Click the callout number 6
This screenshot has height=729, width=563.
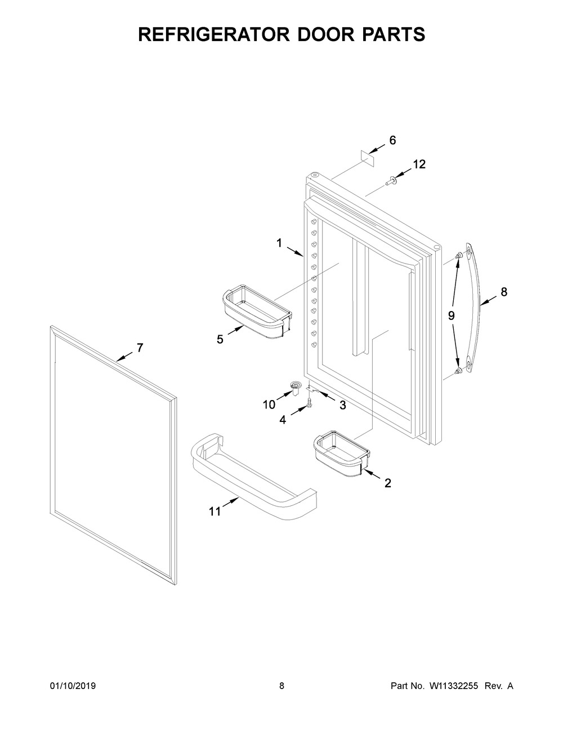point(393,140)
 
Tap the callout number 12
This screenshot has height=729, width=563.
point(419,165)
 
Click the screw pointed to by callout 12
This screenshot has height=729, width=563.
point(390,181)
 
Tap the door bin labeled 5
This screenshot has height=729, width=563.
point(257,313)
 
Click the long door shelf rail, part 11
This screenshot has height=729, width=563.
point(253,479)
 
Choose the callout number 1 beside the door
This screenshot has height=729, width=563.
point(279,243)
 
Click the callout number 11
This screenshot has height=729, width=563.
point(215,512)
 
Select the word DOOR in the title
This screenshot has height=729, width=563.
point(316,34)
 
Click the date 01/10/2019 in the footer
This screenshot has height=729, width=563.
point(73,686)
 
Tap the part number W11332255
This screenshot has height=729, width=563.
point(454,686)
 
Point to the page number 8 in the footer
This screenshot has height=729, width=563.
point(281,686)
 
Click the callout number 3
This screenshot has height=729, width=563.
point(342,404)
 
